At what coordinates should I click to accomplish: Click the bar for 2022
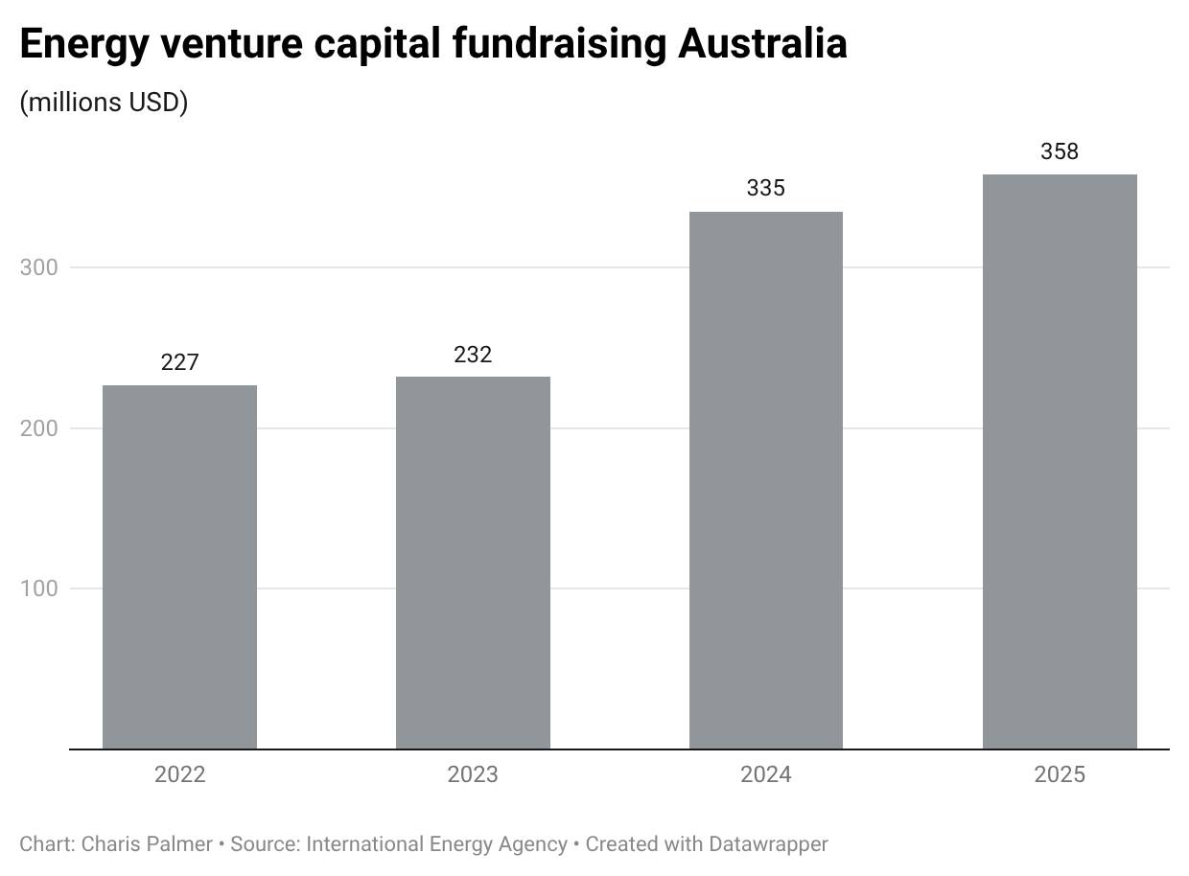(179, 566)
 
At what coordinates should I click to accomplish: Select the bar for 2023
(473, 563)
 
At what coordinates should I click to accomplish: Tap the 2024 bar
(766, 480)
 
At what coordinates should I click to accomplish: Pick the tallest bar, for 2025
(1060, 461)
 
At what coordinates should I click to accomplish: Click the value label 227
(179, 362)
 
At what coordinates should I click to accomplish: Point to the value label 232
(473, 355)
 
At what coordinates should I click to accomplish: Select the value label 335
(766, 188)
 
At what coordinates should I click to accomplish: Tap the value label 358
(1060, 151)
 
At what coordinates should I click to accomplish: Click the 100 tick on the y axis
(39, 588)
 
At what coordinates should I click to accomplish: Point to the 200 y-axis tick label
(39, 428)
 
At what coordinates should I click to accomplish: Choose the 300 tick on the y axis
(39, 267)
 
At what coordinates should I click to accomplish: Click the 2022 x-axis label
(179, 774)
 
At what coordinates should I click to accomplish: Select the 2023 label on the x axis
(473, 774)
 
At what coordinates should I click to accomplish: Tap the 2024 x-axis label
(766, 774)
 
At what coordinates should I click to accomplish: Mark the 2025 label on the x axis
(1060, 774)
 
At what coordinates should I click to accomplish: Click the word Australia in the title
(762, 44)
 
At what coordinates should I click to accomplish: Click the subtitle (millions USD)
(104, 102)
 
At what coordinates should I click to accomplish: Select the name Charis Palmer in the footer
(147, 844)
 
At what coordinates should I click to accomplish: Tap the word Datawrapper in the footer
(768, 844)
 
